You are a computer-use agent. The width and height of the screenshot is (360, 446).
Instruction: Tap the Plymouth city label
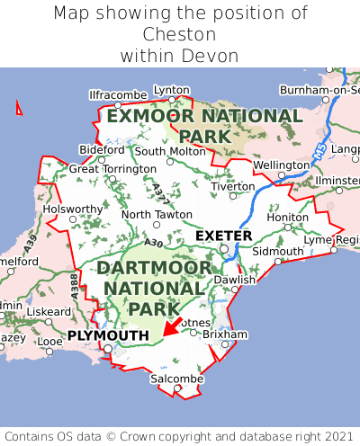[x=107, y=335]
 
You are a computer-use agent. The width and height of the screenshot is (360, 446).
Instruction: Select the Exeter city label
[x=223, y=236]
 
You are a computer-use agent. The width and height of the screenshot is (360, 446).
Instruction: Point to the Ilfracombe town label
[x=118, y=94]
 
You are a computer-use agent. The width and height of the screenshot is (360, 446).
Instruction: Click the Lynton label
[x=172, y=90]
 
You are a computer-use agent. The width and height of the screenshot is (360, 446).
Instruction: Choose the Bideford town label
[x=102, y=149]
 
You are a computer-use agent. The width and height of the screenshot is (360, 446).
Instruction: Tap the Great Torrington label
[x=112, y=168]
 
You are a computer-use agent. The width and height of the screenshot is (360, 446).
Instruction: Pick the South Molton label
[x=170, y=151]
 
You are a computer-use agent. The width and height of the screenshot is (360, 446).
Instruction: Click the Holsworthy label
[x=74, y=209]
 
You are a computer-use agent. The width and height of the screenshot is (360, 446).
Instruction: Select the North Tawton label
[x=157, y=215]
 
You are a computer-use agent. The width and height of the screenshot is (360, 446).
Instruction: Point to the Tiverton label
[x=233, y=186]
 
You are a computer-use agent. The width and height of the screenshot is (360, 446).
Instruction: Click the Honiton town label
[x=288, y=217]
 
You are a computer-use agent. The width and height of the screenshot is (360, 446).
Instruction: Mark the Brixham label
[x=225, y=334]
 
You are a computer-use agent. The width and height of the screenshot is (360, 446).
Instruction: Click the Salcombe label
[x=176, y=379]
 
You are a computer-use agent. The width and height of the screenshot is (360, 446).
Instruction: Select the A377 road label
[x=159, y=191]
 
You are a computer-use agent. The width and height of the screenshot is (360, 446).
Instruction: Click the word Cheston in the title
[x=180, y=34]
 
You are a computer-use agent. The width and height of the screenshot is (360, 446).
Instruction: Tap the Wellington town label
[x=281, y=165]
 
